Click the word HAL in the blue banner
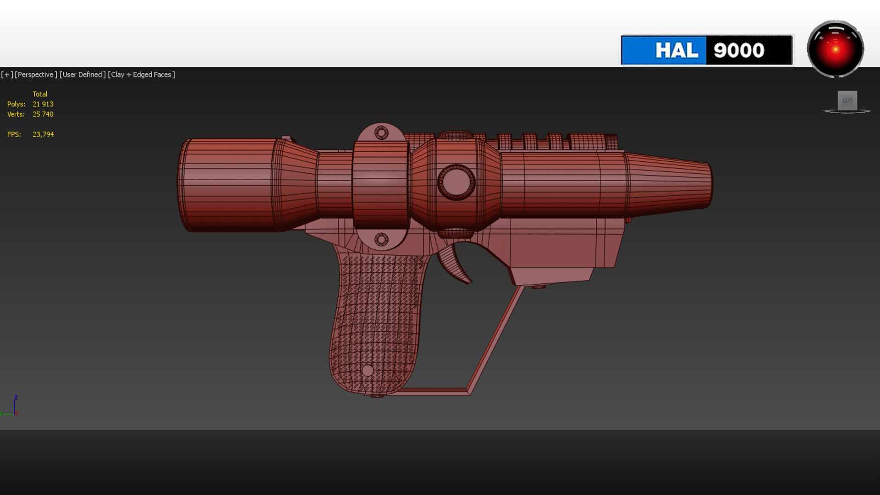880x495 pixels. [x=676, y=50]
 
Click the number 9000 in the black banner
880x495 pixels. [x=739, y=50]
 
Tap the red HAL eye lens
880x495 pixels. [x=835, y=49]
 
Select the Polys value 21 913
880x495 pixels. [x=43, y=104]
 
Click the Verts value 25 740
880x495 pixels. [x=43, y=114]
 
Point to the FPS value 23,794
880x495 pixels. [x=43, y=134]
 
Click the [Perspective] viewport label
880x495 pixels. [x=36, y=74]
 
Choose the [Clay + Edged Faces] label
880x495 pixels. [x=141, y=74]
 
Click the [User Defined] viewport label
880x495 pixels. [x=82, y=74]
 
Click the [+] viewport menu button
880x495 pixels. [x=7, y=74]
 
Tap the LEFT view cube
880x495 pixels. [x=847, y=100]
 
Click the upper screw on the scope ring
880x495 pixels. [x=381, y=133]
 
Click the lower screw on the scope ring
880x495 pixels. [x=381, y=239]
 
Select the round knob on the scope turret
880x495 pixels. [x=456, y=182]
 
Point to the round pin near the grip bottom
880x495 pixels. [x=367, y=370]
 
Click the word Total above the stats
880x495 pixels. [x=40, y=94]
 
